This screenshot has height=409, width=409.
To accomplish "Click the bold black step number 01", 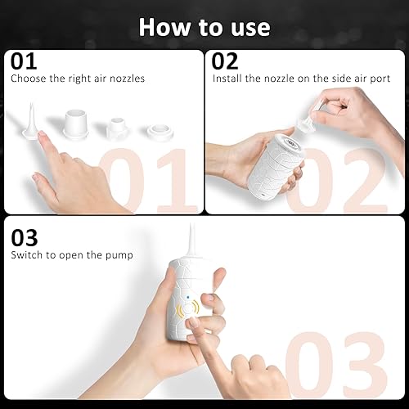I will (x=24, y=62).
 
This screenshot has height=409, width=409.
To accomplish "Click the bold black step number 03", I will (x=24, y=237).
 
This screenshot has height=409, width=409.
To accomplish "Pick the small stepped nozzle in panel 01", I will (x=118, y=127).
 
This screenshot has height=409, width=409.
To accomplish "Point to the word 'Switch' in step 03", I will (x=26, y=254).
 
